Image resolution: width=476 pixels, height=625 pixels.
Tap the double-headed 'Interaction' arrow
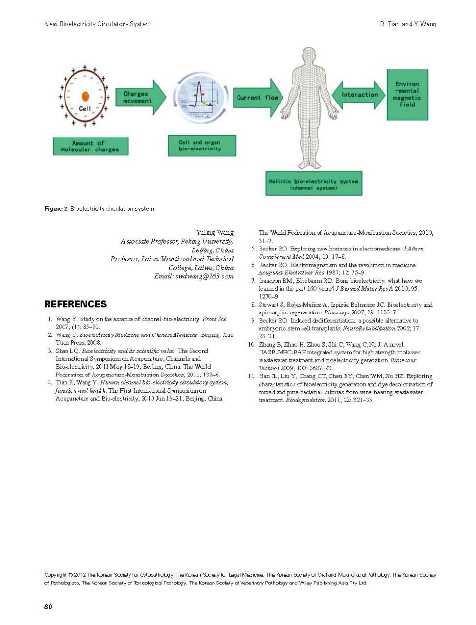(359, 95)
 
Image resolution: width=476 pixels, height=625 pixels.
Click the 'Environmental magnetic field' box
(407, 94)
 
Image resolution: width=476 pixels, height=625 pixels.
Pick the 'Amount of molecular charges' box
(90, 146)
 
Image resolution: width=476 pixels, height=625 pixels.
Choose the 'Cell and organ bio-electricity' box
(201, 146)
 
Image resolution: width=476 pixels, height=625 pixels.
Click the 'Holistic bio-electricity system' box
(314, 184)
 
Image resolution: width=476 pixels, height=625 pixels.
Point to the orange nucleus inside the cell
(86, 96)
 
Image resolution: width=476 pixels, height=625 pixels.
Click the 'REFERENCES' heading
(75, 304)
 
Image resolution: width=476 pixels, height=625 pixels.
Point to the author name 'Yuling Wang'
(215, 232)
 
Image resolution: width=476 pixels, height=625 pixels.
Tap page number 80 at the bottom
(48, 606)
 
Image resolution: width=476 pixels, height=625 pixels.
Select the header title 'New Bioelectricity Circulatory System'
(97, 24)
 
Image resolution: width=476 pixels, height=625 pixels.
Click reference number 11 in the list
(251, 376)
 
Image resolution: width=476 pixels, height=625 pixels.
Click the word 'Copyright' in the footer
(55, 575)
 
